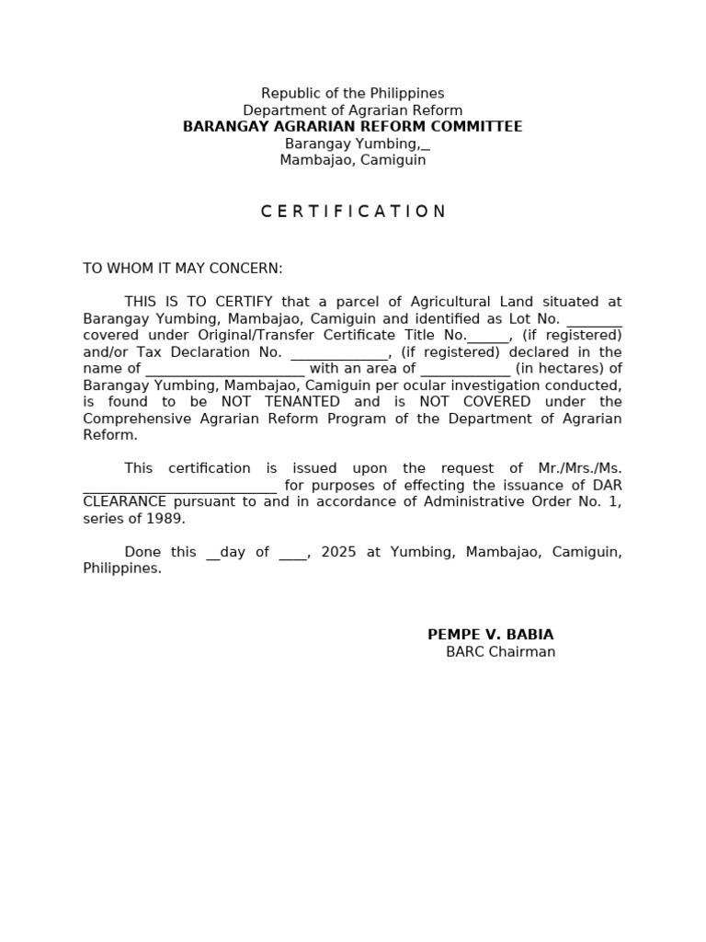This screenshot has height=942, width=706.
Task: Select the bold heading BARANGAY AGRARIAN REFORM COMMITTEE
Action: click(x=352, y=127)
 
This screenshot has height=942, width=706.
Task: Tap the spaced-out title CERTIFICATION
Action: click(x=353, y=212)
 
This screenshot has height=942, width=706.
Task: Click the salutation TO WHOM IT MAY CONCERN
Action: click(x=183, y=269)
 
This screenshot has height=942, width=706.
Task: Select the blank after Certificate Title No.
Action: click(x=487, y=337)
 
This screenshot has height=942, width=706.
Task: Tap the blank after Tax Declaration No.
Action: click(x=340, y=353)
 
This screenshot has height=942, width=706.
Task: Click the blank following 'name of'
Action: click(x=224, y=370)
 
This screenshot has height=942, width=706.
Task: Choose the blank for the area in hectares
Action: click(x=465, y=370)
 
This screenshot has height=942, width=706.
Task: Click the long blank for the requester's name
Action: click(x=179, y=487)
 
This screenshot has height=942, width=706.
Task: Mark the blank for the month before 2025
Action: click(x=291, y=554)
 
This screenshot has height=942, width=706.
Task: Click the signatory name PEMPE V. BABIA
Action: click(x=490, y=635)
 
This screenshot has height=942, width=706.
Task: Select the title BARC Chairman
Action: click(x=500, y=652)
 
